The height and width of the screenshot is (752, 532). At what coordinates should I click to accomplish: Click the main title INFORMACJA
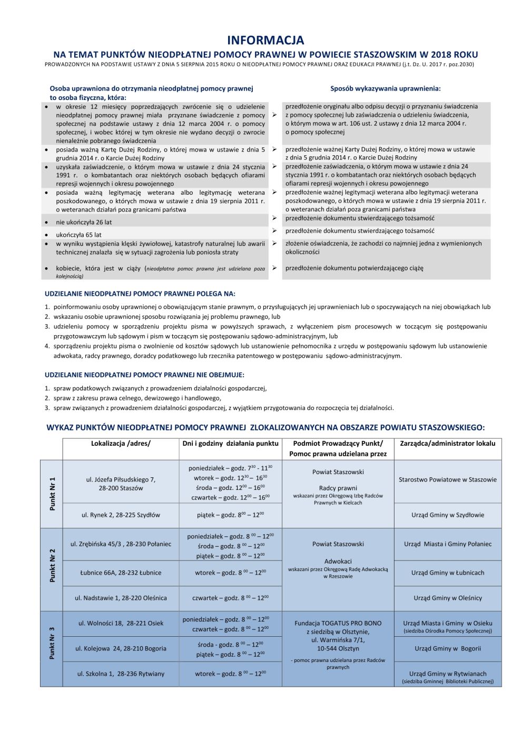(265, 40)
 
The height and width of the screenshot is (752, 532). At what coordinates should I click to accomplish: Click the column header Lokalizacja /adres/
(121, 443)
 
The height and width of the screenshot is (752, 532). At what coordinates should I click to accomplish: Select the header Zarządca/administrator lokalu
(447, 443)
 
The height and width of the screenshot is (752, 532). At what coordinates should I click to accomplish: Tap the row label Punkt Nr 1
(52, 494)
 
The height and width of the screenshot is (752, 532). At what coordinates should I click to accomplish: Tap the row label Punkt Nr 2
(52, 565)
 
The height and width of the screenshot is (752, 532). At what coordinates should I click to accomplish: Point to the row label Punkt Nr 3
(52, 643)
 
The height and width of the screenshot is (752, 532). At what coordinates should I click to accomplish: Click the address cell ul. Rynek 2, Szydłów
(121, 515)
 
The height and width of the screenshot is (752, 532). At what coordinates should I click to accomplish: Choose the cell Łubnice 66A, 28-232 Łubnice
(121, 573)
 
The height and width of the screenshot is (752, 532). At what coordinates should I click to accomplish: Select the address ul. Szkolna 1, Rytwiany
(121, 674)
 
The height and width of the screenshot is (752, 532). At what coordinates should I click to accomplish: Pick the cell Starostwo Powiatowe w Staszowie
(447, 479)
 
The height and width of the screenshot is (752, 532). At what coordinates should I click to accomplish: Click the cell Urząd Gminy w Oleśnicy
(447, 598)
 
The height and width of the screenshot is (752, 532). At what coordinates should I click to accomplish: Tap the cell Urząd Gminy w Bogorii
(447, 648)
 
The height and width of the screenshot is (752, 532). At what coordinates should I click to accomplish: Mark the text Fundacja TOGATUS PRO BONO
(338, 623)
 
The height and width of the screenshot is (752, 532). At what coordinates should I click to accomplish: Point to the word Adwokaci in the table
(338, 561)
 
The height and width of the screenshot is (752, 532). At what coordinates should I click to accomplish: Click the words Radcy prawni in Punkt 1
(338, 488)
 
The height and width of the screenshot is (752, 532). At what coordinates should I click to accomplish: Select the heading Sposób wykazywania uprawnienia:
(385, 88)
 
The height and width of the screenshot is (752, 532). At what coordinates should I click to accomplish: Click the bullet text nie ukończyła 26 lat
(84, 222)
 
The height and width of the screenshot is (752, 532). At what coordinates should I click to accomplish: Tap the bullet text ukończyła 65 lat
(78, 235)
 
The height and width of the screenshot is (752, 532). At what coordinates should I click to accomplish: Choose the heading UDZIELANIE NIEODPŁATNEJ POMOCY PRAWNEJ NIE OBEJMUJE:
(144, 375)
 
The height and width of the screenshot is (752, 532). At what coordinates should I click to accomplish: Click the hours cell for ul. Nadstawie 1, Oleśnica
(230, 598)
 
